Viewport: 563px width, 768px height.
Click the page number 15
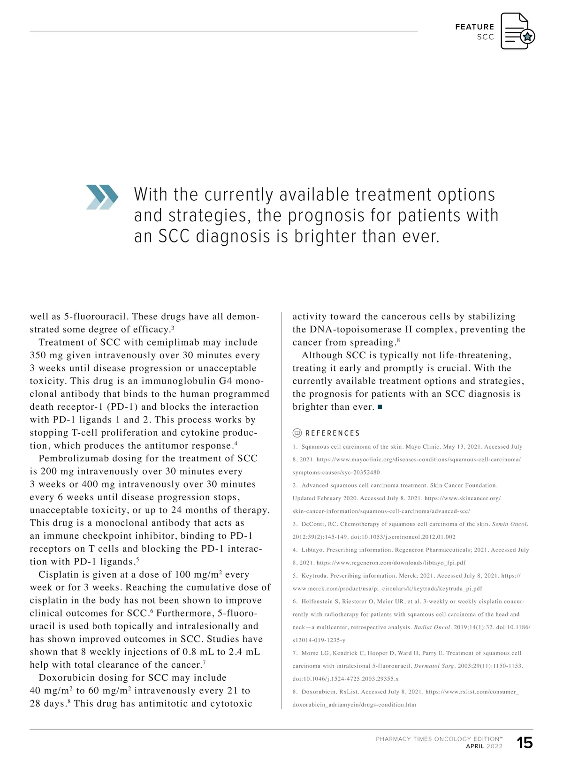(525, 743)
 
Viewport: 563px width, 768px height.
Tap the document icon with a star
(517, 31)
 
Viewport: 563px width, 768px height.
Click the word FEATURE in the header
(474, 27)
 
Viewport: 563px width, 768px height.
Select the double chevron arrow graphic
(102, 197)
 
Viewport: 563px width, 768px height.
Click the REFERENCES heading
(333, 433)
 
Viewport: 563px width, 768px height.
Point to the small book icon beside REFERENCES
(297, 433)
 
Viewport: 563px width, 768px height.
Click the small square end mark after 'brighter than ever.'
(380, 407)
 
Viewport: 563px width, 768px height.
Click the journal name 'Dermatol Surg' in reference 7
(434, 666)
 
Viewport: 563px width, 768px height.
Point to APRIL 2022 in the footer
(484, 746)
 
